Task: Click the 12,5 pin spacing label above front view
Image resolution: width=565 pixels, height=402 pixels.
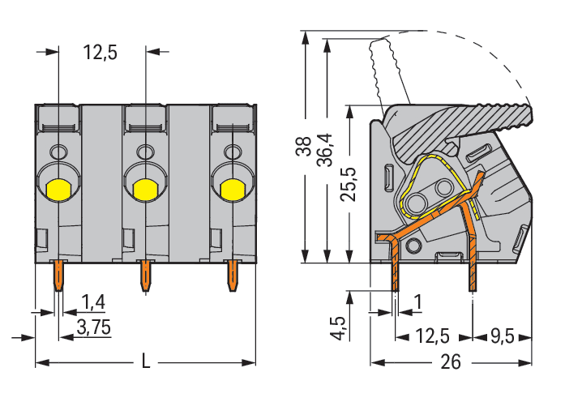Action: [x=101, y=53]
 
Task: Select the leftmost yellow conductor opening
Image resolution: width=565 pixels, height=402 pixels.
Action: [x=58, y=190]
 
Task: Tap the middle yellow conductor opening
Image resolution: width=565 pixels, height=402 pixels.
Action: [x=145, y=190]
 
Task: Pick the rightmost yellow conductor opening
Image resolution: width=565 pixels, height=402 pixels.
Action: [x=233, y=190]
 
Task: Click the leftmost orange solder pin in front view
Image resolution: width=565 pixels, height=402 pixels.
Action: [x=58, y=276]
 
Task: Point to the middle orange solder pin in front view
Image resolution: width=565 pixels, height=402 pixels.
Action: [x=145, y=276]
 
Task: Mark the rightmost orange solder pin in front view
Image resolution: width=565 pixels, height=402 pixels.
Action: [x=233, y=276]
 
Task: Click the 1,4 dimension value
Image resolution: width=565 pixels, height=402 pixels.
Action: [x=93, y=301]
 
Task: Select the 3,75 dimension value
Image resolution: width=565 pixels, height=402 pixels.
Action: [x=94, y=327]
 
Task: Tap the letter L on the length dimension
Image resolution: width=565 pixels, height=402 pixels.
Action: [x=146, y=361]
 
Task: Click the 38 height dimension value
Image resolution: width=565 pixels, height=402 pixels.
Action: [x=304, y=146]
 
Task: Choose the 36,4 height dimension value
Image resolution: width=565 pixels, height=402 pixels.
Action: [x=325, y=150]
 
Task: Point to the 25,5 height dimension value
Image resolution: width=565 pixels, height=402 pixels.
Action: [x=349, y=184]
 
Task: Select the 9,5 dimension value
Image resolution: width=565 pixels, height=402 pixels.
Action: [x=503, y=337]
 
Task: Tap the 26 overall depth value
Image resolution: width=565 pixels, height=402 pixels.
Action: [x=451, y=361]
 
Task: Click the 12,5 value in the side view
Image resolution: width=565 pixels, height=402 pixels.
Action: [x=432, y=336]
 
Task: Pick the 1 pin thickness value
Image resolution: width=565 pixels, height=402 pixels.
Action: [x=418, y=302]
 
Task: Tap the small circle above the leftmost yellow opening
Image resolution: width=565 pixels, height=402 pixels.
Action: [x=58, y=152]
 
